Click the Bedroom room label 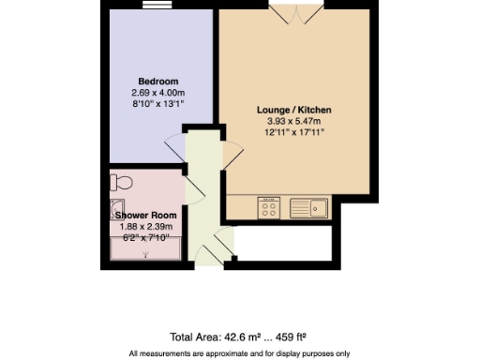[157, 82]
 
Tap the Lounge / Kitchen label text [294, 110]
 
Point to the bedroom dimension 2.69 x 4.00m [157, 93]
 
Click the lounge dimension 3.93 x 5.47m [294, 121]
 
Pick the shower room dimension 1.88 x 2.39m [145, 227]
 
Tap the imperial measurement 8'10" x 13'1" [157, 104]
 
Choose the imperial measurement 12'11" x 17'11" [294, 132]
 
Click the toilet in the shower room [116, 181]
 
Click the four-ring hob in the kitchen [267, 206]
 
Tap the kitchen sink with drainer [307, 206]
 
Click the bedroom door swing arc [174, 146]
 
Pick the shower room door [194, 187]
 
